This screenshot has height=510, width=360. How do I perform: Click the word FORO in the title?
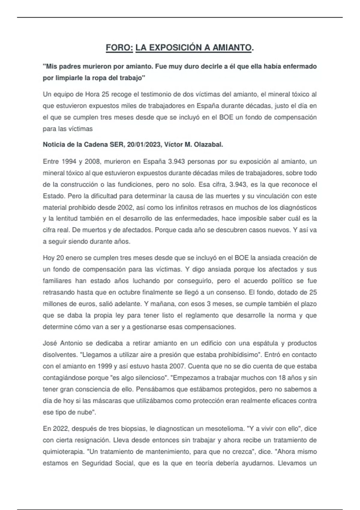pos(119,48)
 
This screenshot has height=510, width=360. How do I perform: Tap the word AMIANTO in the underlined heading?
pos(232,48)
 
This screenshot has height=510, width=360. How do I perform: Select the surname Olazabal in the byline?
pos(208,145)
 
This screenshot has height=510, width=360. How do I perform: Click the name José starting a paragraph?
pos(50,343)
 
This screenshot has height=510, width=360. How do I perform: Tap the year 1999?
pos(105,366)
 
